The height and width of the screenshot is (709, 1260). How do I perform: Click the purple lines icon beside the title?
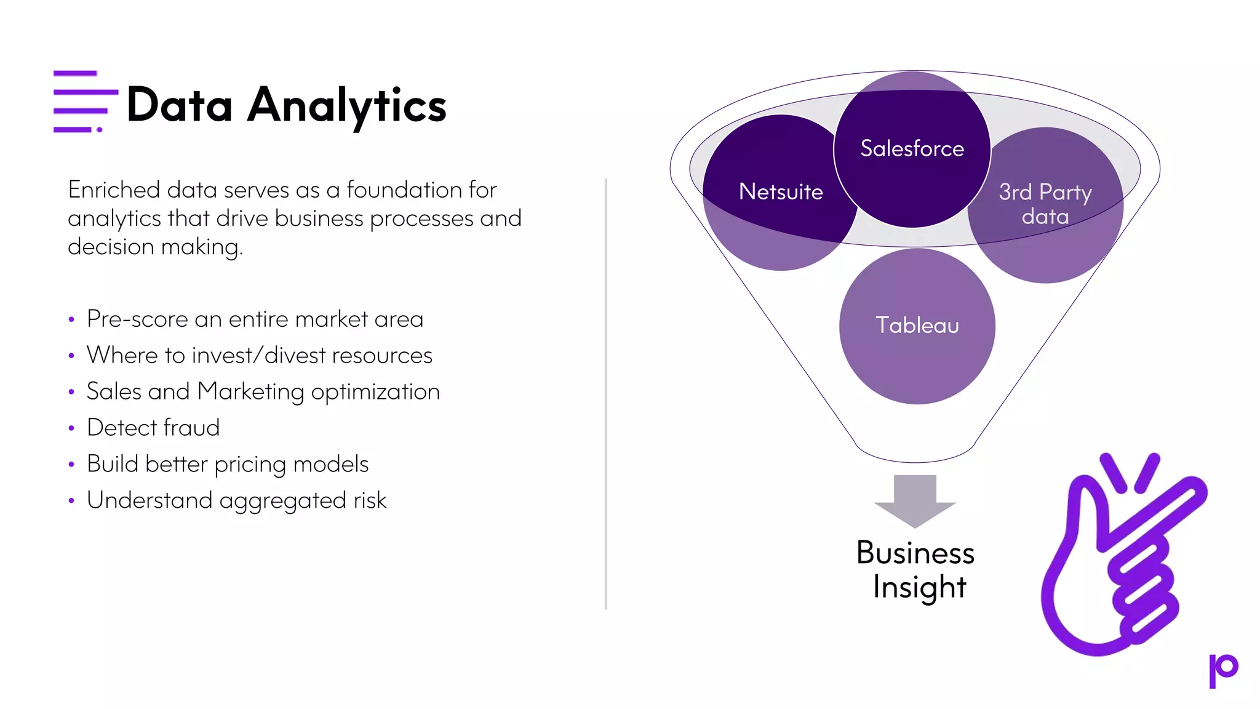pos(85,102)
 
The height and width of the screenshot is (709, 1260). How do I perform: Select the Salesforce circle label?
pos(912,148)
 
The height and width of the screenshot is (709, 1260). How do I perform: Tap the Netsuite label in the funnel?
pos(780,192)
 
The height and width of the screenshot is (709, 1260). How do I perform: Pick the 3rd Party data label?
pos(1045,204)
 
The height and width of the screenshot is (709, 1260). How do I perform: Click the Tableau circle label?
pos(917,325)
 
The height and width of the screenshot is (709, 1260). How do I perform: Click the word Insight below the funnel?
pos(919,587)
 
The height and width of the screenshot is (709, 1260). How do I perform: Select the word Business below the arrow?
pos(915,553)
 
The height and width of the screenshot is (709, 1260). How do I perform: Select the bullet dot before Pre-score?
pos(71,319)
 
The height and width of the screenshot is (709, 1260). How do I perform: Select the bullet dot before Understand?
pos(71,501)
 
